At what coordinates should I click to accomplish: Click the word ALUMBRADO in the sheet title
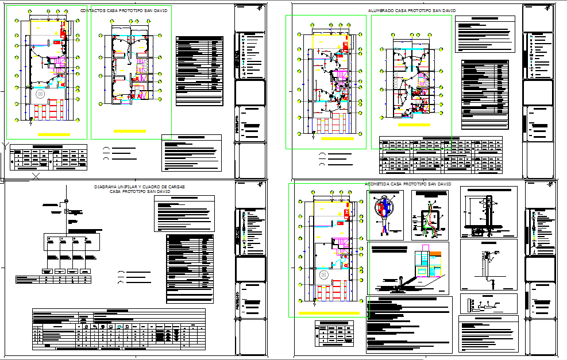point(380,11)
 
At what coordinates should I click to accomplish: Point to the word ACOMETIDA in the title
point(378,184)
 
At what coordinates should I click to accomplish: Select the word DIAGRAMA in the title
point(106,187)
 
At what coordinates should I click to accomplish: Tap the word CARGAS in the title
point(173,187)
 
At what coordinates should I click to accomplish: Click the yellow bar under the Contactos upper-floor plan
point(129,131)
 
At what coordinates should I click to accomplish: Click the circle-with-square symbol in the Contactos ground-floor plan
point(40,94)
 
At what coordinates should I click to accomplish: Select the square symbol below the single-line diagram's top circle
point(67,211)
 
